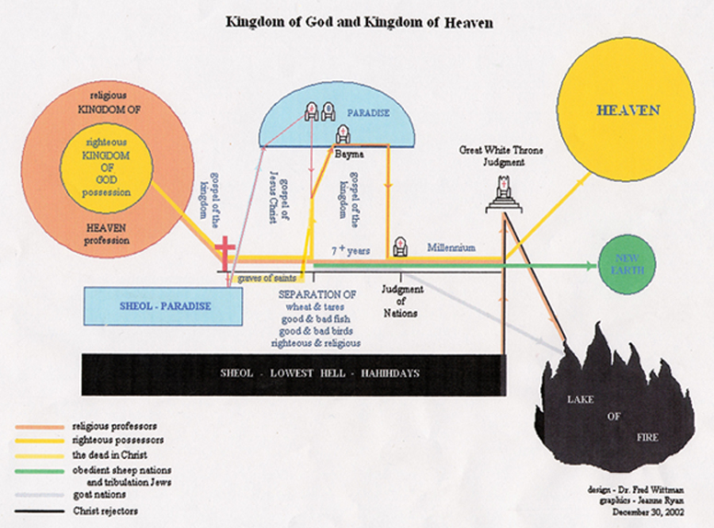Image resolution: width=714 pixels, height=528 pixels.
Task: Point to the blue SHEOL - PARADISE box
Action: (166, 305)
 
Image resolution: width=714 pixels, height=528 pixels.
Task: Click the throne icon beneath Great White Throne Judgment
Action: (502, 189)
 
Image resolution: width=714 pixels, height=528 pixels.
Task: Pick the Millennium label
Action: (451, 248)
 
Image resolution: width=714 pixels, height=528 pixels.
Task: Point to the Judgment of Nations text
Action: (400, 300)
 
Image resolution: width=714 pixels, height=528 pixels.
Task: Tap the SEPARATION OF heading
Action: (317, 293)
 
